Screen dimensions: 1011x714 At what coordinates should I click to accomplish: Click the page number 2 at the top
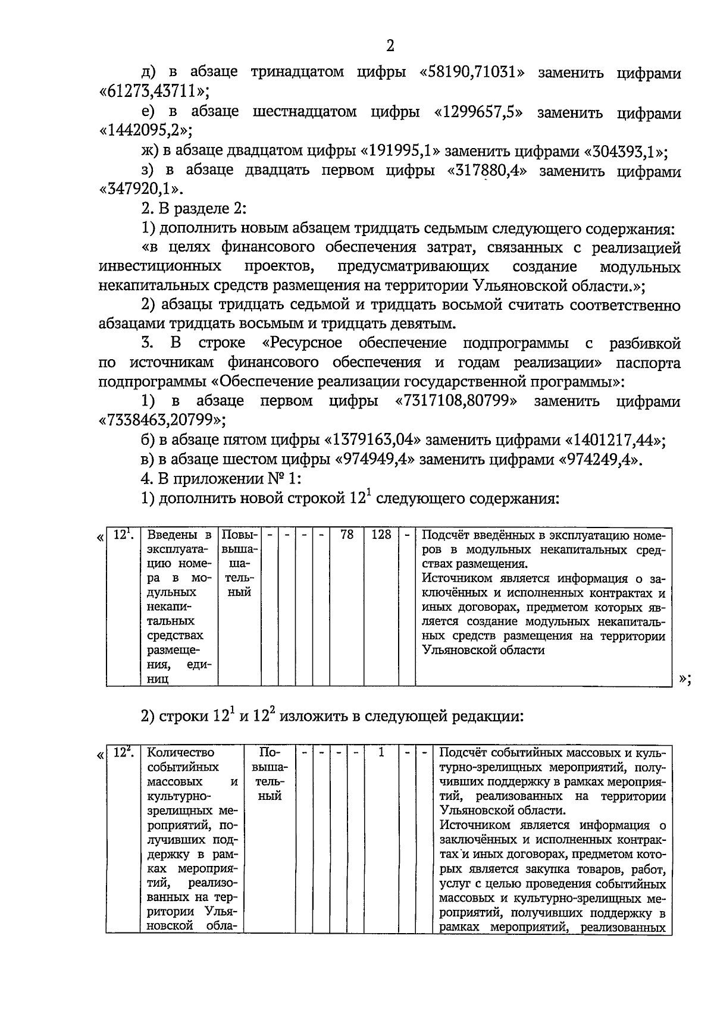390,46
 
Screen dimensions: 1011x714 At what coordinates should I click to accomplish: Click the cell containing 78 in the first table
346,535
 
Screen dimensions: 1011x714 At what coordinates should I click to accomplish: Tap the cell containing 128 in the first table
381,535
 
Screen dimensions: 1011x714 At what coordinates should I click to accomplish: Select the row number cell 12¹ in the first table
123,535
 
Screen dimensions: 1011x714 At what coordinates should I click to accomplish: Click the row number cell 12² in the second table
123,753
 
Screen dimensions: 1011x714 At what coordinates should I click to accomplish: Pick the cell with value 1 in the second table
381,753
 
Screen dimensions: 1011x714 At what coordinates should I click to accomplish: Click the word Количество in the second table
181,753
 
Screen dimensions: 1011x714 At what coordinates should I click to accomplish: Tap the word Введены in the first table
171,535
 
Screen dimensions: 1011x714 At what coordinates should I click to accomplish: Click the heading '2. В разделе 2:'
193,209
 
